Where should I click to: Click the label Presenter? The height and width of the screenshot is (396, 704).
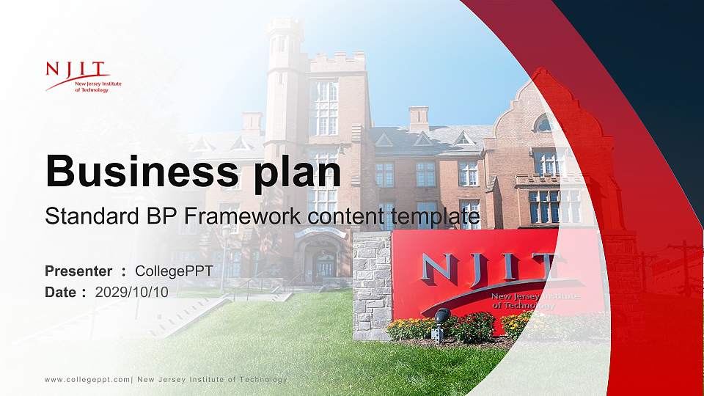point(78,271)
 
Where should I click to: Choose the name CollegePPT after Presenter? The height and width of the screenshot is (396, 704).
point(174,271)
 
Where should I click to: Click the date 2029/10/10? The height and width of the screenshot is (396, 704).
point(132,292)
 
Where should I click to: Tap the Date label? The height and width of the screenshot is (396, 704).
point(61,292)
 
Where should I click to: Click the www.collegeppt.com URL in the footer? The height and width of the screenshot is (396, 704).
point(87,379)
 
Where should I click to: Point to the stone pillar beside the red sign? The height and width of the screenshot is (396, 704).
point(373,286)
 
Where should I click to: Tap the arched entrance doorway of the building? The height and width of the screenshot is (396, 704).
point(323,260)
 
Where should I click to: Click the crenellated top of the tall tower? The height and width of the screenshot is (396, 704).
point(285,27)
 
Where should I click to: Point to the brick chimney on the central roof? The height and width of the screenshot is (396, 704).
point(419,118)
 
